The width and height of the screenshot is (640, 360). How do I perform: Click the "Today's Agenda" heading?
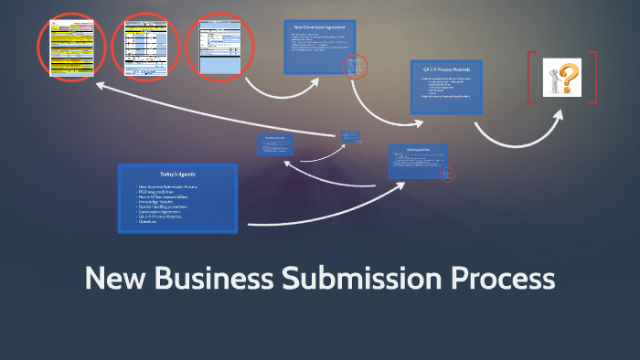tap(178, 174)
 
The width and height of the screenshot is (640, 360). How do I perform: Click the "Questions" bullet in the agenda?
tap(149, 222)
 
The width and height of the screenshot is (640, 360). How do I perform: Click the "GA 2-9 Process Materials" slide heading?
tap(446, 69)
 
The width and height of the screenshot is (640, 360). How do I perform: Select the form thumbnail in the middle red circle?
tap(146, 46)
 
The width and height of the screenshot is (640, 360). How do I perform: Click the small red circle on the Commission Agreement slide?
tap(355, 67)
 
